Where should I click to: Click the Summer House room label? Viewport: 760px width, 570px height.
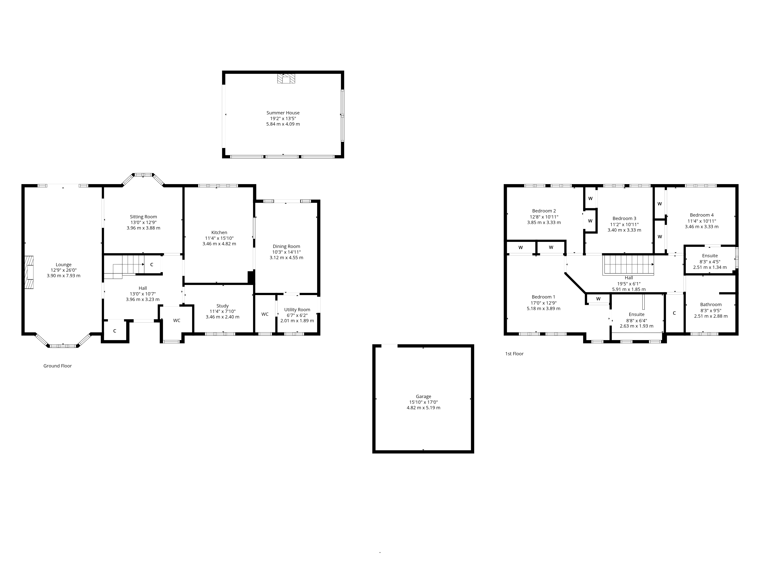coord(283,113)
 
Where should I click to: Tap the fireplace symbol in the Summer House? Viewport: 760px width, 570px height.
coord(286,78)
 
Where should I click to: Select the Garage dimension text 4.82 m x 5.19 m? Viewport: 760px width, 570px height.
coord(423,408)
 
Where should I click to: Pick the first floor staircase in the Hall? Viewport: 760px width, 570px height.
coord(628,265)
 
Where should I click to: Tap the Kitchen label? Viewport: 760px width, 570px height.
coord(219,233)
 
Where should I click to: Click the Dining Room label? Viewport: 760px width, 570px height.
coord(286,246)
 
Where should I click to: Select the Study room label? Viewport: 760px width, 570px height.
coord(223,306)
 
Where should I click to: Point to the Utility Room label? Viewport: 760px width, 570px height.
coord(297,310)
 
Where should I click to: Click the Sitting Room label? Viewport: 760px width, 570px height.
coord(143,217)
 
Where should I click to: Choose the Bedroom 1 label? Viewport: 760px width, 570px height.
coord(543,297)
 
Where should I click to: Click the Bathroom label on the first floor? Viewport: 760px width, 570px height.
coord(711,304)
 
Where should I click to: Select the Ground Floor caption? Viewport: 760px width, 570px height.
coord(57,366)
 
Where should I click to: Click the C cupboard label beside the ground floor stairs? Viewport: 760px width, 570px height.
coord(151,264)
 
